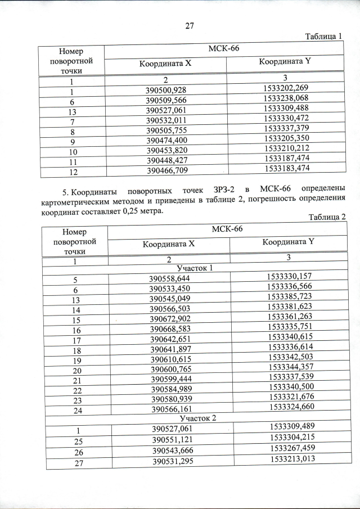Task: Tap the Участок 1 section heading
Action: click(195, 268)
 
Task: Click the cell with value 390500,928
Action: click(166, 91)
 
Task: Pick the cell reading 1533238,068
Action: click(286, 101)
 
